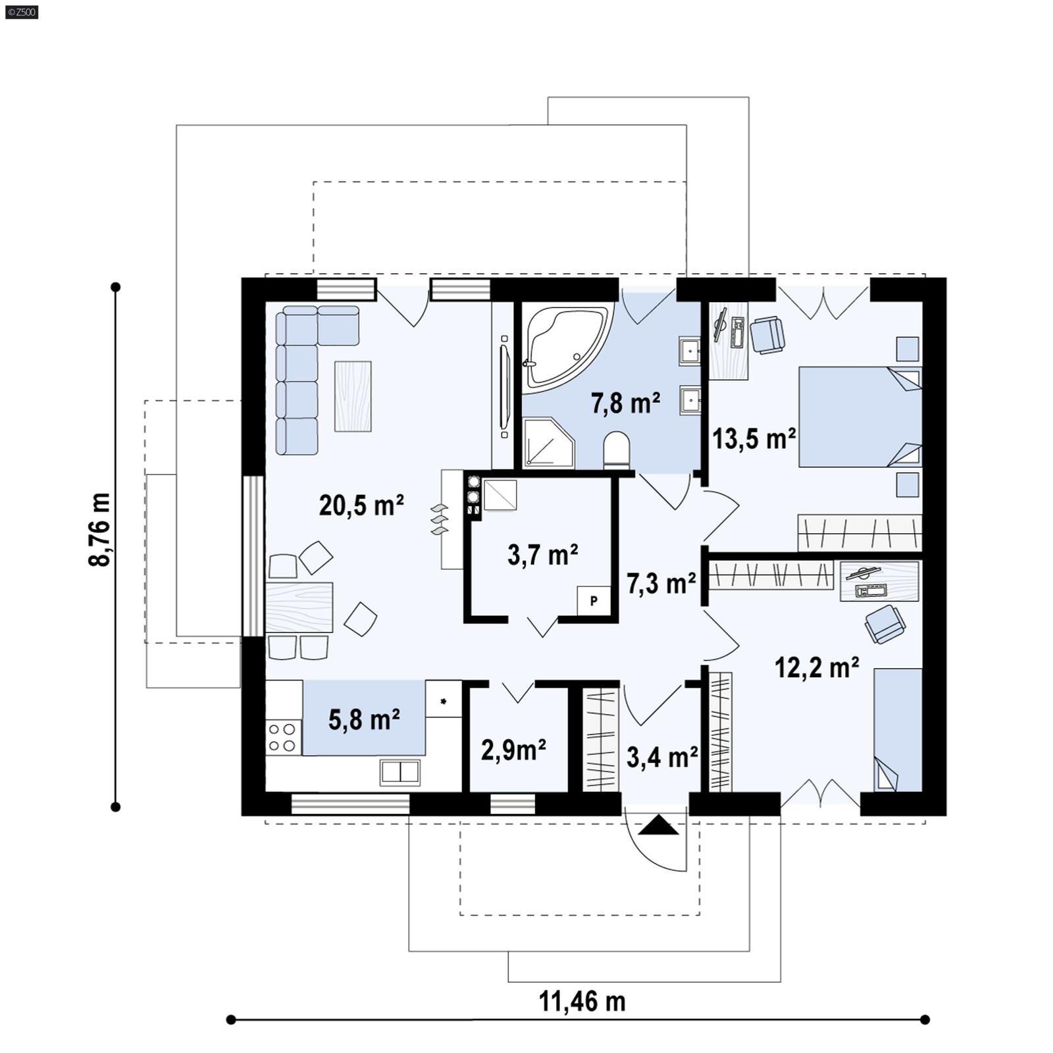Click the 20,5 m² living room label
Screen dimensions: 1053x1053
click(361, 505)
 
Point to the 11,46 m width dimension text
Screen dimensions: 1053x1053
click(582, 1002)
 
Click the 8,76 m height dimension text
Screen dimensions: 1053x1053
click(100, 529)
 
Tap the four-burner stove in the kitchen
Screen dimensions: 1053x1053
click(282, 737)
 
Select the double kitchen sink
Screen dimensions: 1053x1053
click(399, 771)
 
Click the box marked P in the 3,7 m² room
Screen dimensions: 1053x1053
click(594, 601)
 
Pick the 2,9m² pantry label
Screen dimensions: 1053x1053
click(513, 750)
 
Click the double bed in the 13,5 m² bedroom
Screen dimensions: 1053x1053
click(859, 417)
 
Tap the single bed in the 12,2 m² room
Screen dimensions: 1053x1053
click(898, 729)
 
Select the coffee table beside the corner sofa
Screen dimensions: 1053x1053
click(353, 396)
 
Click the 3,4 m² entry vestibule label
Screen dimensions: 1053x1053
click(661, 758)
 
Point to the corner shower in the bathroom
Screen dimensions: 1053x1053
click(548, 444)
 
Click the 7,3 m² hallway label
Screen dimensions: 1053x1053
click(661, 583)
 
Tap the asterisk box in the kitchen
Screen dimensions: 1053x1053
click(443, 700)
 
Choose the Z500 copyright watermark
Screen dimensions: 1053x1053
click(21, 11)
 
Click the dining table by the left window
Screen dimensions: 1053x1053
click(299, 607)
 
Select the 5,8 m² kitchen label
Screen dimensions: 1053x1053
click(364, 720)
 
